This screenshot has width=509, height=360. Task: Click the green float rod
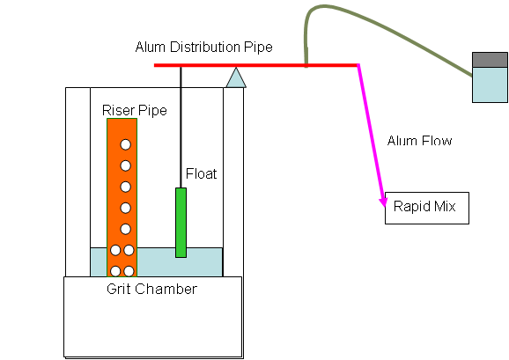(x=181, y=223)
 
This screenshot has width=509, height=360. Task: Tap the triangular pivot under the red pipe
(x=236, y=79)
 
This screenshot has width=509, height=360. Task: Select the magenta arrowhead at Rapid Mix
(x=383, y=201)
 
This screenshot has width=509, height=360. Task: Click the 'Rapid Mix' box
(x=427, y=209)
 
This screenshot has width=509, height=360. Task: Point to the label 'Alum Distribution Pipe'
(x=203, y=47)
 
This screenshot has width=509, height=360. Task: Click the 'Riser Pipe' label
(x=135, y=110)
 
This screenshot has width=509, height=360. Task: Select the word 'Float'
(x=201, y=173)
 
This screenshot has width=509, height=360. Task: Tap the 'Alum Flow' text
(x=419, y=141)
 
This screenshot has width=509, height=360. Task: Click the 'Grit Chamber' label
(x=151, y=289)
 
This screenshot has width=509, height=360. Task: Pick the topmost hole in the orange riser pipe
(x=126, y=144)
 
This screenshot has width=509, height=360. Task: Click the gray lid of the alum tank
(x=490, y=60)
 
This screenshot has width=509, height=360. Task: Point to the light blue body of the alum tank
(x=490, y=85)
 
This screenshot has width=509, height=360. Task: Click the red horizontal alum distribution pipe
(x=256, y=65)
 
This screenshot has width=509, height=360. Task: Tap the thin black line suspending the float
(x=181, y=128)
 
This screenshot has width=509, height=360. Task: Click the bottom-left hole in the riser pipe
(x=115, y=271)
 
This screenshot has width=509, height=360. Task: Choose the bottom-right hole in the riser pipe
(x=129, y=271)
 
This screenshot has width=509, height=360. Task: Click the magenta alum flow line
(x=371, y=135)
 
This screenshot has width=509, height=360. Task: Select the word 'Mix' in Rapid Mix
(x=444, y=206)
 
